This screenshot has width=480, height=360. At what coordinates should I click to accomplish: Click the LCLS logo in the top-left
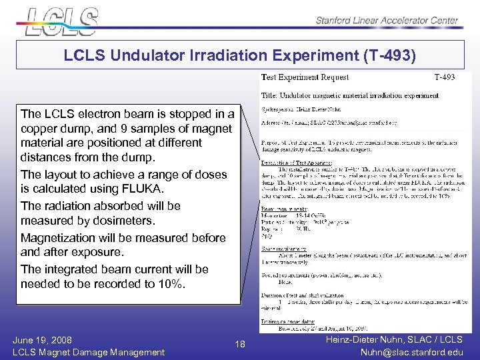point(61,21)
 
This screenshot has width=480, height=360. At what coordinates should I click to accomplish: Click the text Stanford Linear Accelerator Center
point(387,21)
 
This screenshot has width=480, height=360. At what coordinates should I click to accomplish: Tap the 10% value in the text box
point(173,284)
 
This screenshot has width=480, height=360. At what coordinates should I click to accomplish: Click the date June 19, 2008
point(42,339)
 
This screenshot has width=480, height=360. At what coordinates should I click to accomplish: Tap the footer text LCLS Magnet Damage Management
point(89,352)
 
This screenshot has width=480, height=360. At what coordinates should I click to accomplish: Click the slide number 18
point(241,344)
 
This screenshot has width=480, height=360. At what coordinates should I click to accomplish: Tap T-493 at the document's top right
point(445,77)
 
